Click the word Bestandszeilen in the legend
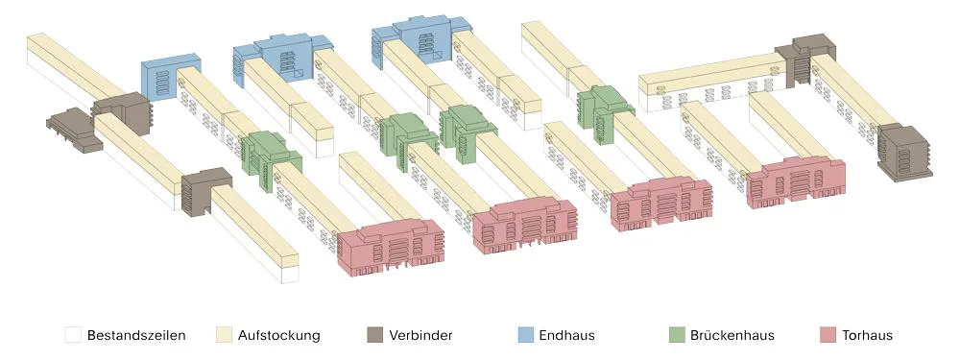pyautogui.click(x=136, y=335)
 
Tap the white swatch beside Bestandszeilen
pyautogui.click(x=74, y=335)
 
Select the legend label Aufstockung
pyautogui.click(x=278, y=335)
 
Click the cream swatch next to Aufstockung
pyautogui.click(x=224, y=335)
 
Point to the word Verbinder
pyautogui.click(x=420, y=335)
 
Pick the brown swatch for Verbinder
pyautogui.click(x=374, y=335)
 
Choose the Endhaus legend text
pyautogui.click(x=567, y=335)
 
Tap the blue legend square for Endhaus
pyautogui.click(x=525, y=335)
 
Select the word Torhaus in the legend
pyautogui.click(x=867, y=335)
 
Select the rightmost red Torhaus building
pyautogui.click(x=795, y=181)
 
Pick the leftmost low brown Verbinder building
pyautogui.click(x=74, y=129)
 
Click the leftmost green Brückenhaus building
pyautogui.click(x=270, y=159)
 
